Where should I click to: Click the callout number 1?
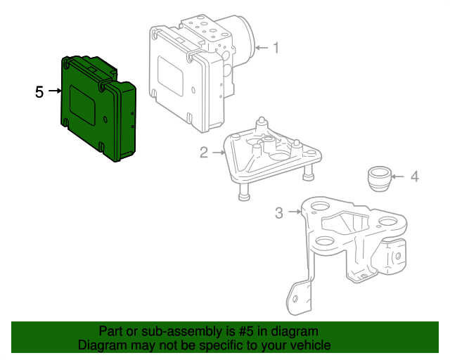coord(276,48)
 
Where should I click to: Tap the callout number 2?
coord(204,152)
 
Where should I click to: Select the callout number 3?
coord(279,212)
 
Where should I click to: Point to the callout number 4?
coord(415,176)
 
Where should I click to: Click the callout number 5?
coord(39,91)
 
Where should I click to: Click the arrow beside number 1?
coord(261,48)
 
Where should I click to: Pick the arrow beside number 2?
coord(217,152)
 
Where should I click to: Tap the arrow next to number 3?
coord(293,212)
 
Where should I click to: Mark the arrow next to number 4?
coord(399,176)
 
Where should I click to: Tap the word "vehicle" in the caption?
coord(309,345)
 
